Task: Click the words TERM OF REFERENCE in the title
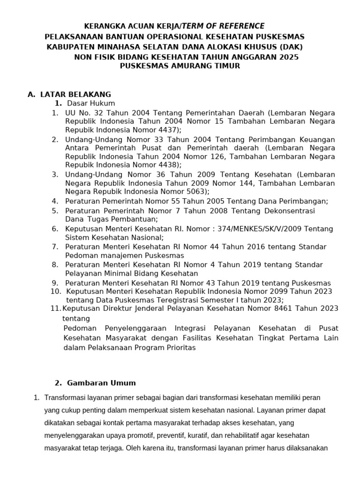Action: tap(225, 26)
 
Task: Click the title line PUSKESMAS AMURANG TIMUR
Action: tap(180, 66)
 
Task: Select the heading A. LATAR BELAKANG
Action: tap(69, 94)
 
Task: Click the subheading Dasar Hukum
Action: tap(91, 103)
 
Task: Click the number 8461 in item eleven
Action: tap(290, 308)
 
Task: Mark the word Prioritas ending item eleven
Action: tap(181, 348)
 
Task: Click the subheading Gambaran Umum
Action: tap(102, 382)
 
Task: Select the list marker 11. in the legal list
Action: tap(55, 308)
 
